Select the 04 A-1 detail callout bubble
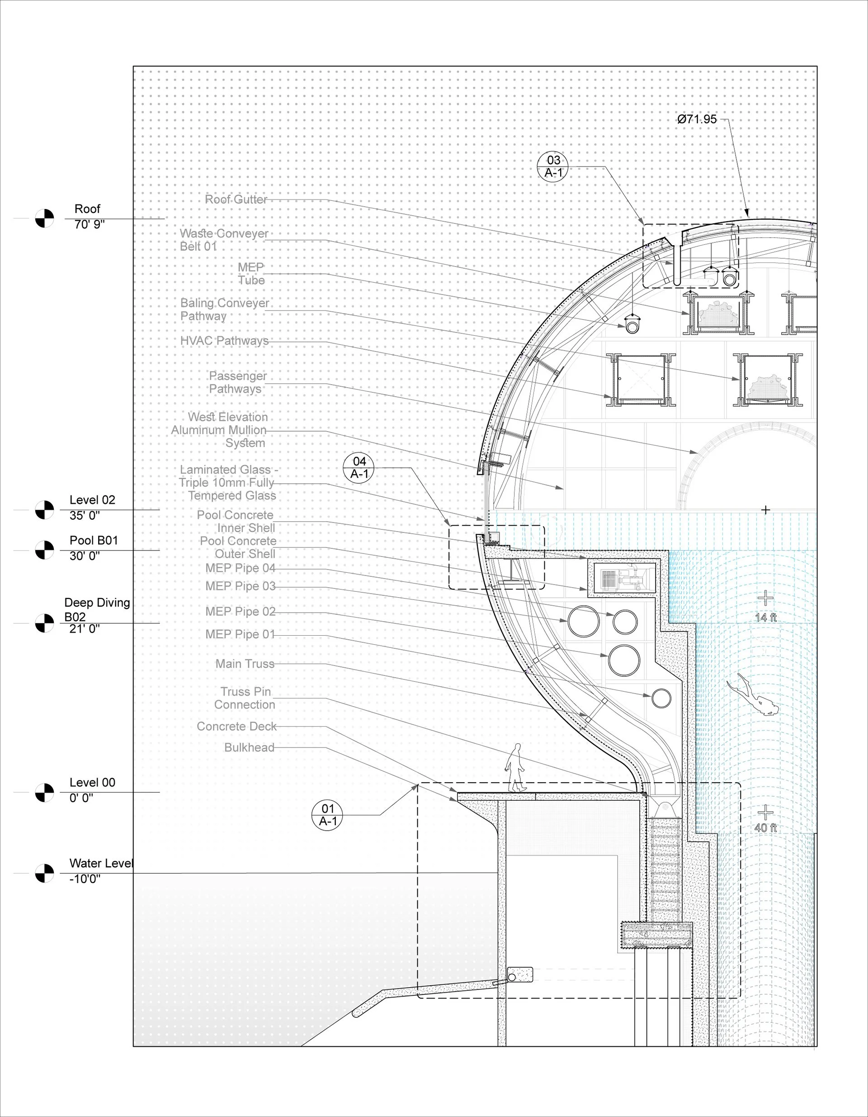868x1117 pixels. coord(359,468)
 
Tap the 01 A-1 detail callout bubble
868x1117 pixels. coord(327,815)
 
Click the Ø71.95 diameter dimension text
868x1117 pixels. coord(697,119)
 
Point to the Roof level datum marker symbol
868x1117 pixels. coord(44,219)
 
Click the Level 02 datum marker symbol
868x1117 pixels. coord(44,510)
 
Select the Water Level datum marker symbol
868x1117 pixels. coord(44,873)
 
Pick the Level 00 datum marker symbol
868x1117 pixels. coord(44,792)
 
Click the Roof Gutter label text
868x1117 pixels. coord(236,200)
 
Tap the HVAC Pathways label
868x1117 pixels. coord(224,341)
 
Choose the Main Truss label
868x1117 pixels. coord(245,664)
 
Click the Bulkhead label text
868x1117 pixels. coord(249,748)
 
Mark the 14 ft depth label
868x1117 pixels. coord(765,618)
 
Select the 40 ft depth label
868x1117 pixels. coord(765,827)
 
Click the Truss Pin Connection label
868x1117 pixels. coord(245,698)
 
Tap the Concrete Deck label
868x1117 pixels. coord(236,726)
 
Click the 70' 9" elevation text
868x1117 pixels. coord(90,224)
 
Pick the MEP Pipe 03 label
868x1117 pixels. coord(240,586)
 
